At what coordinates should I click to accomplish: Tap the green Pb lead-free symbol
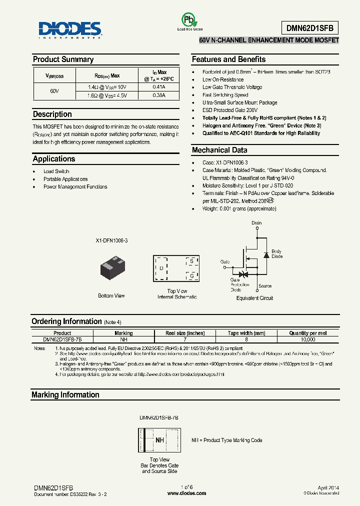click(188, 20)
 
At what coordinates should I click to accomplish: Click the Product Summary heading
click(63, 59)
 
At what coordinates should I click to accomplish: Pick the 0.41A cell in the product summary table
click(158, 87)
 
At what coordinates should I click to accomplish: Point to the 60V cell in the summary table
click(54, 91)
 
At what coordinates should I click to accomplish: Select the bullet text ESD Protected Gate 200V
click(230, 110)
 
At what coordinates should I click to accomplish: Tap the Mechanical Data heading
click(219, 150)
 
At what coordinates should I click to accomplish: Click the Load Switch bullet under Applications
click(56, 171)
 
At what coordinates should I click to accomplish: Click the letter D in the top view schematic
click(161, 268)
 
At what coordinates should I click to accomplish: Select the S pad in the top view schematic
click(190, 261)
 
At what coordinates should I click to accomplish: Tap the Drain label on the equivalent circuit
click(256, 223)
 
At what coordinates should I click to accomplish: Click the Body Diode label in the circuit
click(276, 253)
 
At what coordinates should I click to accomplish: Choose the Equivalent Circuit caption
click(254, 298)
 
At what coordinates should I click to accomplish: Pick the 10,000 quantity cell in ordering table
click(308, 339)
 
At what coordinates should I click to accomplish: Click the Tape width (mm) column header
click(246, 333)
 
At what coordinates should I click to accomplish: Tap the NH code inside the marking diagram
click(160, 440)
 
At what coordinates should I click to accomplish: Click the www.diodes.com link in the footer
click(186, 493)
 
